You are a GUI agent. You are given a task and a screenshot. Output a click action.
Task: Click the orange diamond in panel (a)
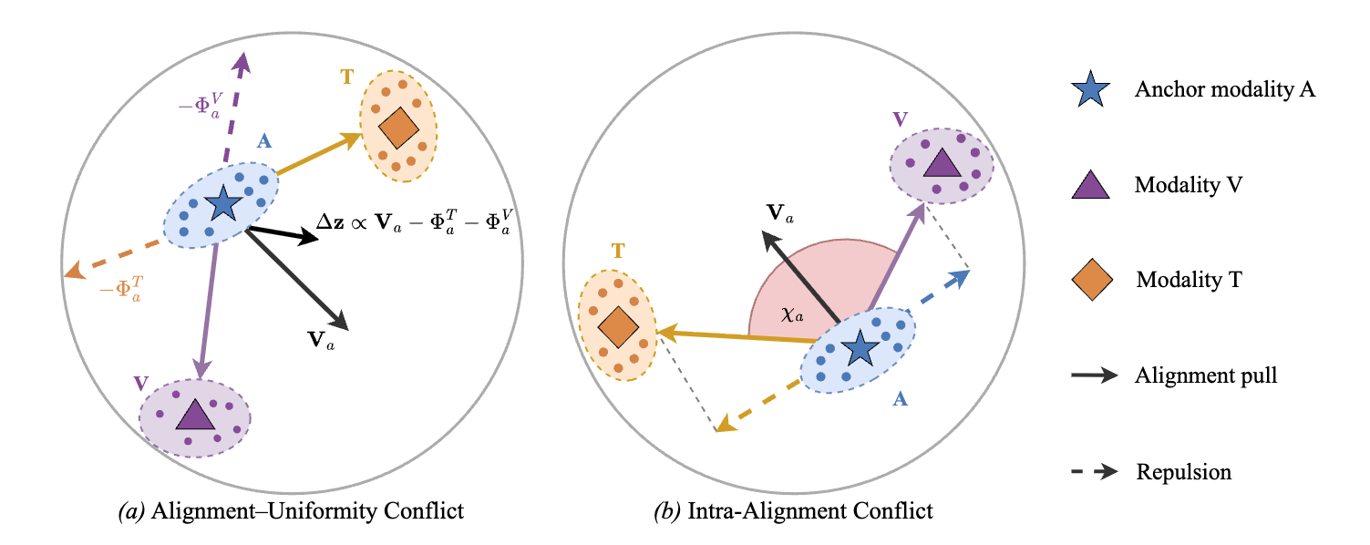(x=397, y=129)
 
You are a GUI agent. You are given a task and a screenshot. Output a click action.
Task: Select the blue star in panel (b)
(x=859, y=346)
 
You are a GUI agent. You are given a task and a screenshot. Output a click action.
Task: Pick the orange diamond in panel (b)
(x=617, y=325)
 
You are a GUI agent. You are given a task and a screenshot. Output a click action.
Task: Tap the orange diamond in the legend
(x=1091, y=279)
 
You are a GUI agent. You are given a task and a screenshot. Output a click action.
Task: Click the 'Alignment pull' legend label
(x=1206, y=375)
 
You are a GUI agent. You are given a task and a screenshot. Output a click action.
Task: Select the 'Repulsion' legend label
(x=1183, y=471)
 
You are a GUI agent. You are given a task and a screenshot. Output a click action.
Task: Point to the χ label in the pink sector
(x=791, y=315)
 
